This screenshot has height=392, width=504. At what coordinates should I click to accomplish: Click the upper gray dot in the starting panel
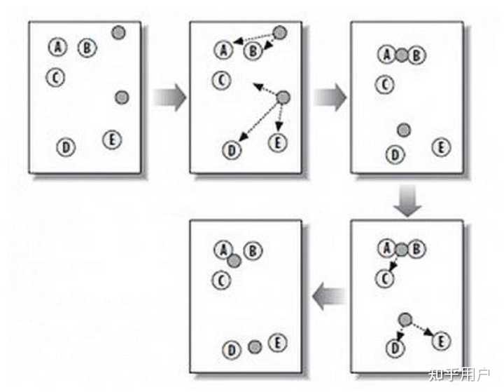pos(118,32)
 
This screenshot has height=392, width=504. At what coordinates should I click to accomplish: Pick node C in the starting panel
pos(55,77)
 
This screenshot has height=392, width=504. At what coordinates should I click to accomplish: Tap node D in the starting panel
pos(65,147)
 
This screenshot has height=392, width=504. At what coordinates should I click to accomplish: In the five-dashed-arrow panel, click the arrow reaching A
pos(252,40)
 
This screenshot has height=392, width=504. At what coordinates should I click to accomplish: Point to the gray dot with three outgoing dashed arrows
pos(283,97)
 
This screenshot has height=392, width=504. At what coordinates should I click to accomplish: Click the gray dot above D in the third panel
pos(403,130)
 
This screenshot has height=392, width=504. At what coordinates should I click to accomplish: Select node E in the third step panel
pos(440,147)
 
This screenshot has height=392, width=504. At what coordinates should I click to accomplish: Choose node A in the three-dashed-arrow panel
pos(386,248)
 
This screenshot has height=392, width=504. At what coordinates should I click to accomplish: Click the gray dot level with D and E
pos(255,346)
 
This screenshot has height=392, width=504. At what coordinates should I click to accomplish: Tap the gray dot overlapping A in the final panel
pos(234,261)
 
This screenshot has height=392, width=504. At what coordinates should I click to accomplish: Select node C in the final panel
pos(221,281)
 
